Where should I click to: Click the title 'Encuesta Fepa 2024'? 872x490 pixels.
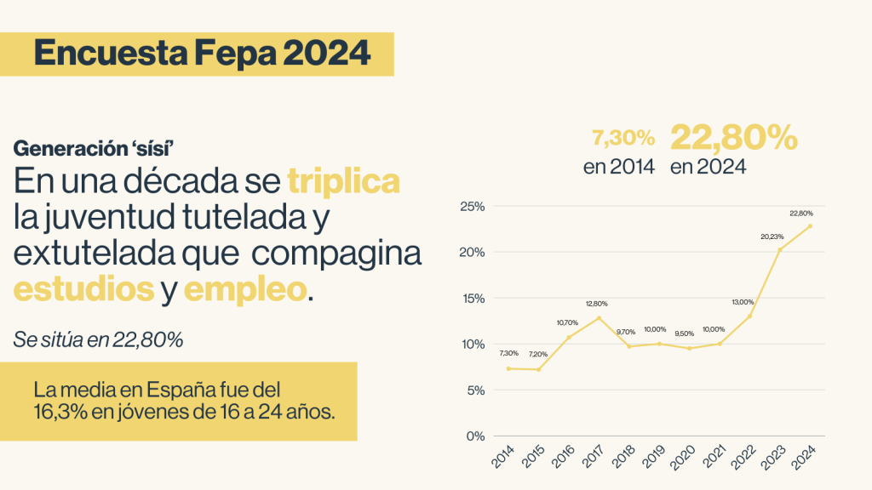point(203,54)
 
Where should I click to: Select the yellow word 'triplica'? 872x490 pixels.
point(344,182)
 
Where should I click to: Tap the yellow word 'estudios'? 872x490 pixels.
point(83,289)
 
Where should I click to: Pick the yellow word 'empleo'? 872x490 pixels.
point(244,289)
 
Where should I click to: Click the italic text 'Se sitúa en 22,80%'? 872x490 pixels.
point(98,340)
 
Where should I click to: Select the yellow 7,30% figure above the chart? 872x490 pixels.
point(623,138)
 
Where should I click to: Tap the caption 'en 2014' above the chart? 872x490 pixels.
point(619,167)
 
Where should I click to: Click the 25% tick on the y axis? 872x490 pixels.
point(472,207)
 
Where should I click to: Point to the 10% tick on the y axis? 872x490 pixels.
point(472,345)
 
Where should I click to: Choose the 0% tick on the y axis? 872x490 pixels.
point(474,436)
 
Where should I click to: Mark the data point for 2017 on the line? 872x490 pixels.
point(599,318)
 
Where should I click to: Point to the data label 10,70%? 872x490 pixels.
point(568,322)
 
